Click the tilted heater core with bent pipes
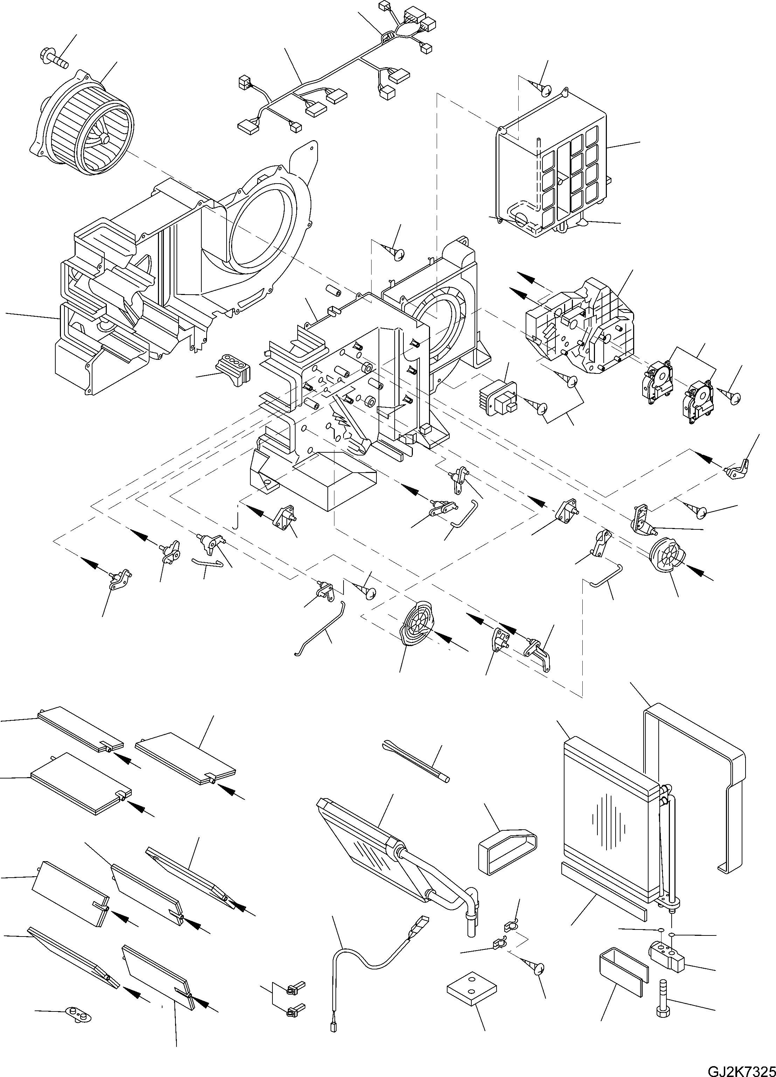pos(375,850)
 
